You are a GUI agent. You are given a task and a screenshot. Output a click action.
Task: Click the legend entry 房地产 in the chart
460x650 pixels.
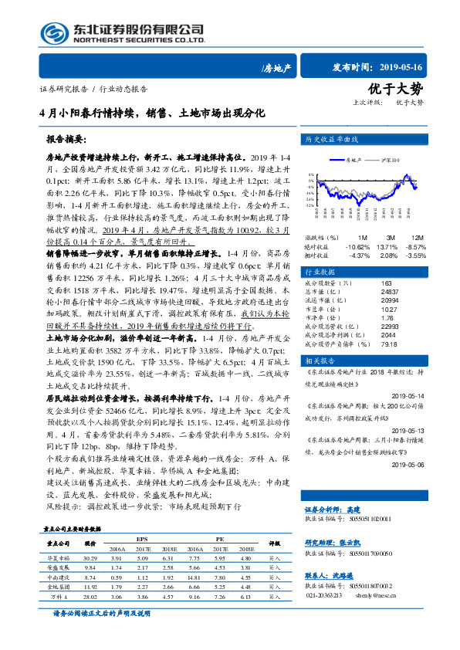pos(353,160)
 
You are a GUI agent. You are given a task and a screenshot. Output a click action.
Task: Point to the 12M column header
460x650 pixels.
pos(417,236)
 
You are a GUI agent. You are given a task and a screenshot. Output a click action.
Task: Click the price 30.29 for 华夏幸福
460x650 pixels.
pos(90,557)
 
